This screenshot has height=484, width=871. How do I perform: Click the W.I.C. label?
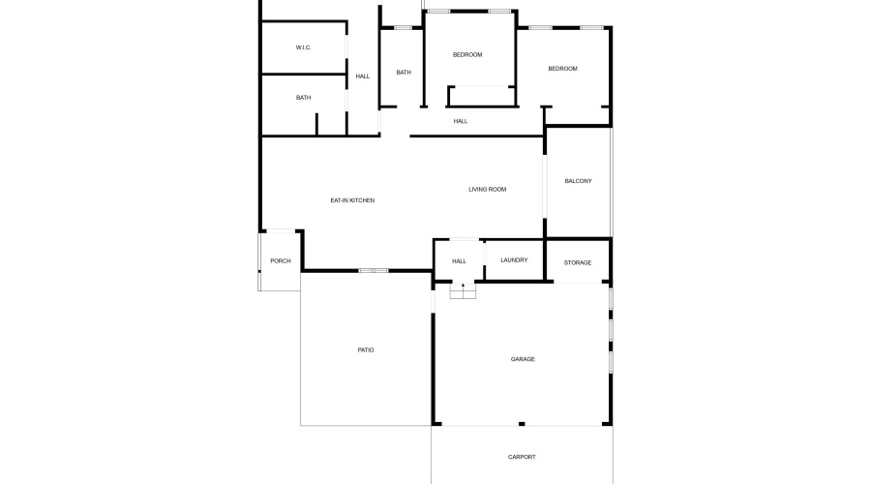click(303, 47)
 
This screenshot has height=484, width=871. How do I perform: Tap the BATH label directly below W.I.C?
click(303, 97)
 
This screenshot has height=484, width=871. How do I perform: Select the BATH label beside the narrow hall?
click(403, 72)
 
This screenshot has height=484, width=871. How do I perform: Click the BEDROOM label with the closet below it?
click(467, 54)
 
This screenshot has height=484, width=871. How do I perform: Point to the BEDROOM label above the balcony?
click(562, 68)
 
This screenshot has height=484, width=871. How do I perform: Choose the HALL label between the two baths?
click(362, 76)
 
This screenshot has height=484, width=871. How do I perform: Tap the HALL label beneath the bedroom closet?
click(461, 121)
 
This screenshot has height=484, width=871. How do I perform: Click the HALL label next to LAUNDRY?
click(459, 260)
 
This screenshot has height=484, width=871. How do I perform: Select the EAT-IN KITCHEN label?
click(352, 200)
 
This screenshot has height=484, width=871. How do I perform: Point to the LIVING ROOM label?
click(487, 189)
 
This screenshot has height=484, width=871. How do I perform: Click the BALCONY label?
click(578, 181)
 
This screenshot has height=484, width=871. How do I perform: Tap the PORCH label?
click(281, 260)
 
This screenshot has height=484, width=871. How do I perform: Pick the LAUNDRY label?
click(514, 259)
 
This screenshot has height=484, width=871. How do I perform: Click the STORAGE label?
click(578, 262)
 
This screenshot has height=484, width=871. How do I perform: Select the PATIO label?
click(365, 349)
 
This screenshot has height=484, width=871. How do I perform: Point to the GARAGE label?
click(523, 359)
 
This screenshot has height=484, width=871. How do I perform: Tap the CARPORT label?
click(522, 457)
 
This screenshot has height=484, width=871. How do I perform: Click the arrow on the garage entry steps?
click(463, 286)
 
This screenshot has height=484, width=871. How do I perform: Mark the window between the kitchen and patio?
click(373, 270)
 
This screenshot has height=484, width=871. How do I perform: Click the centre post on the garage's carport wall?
click(521, 423)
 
